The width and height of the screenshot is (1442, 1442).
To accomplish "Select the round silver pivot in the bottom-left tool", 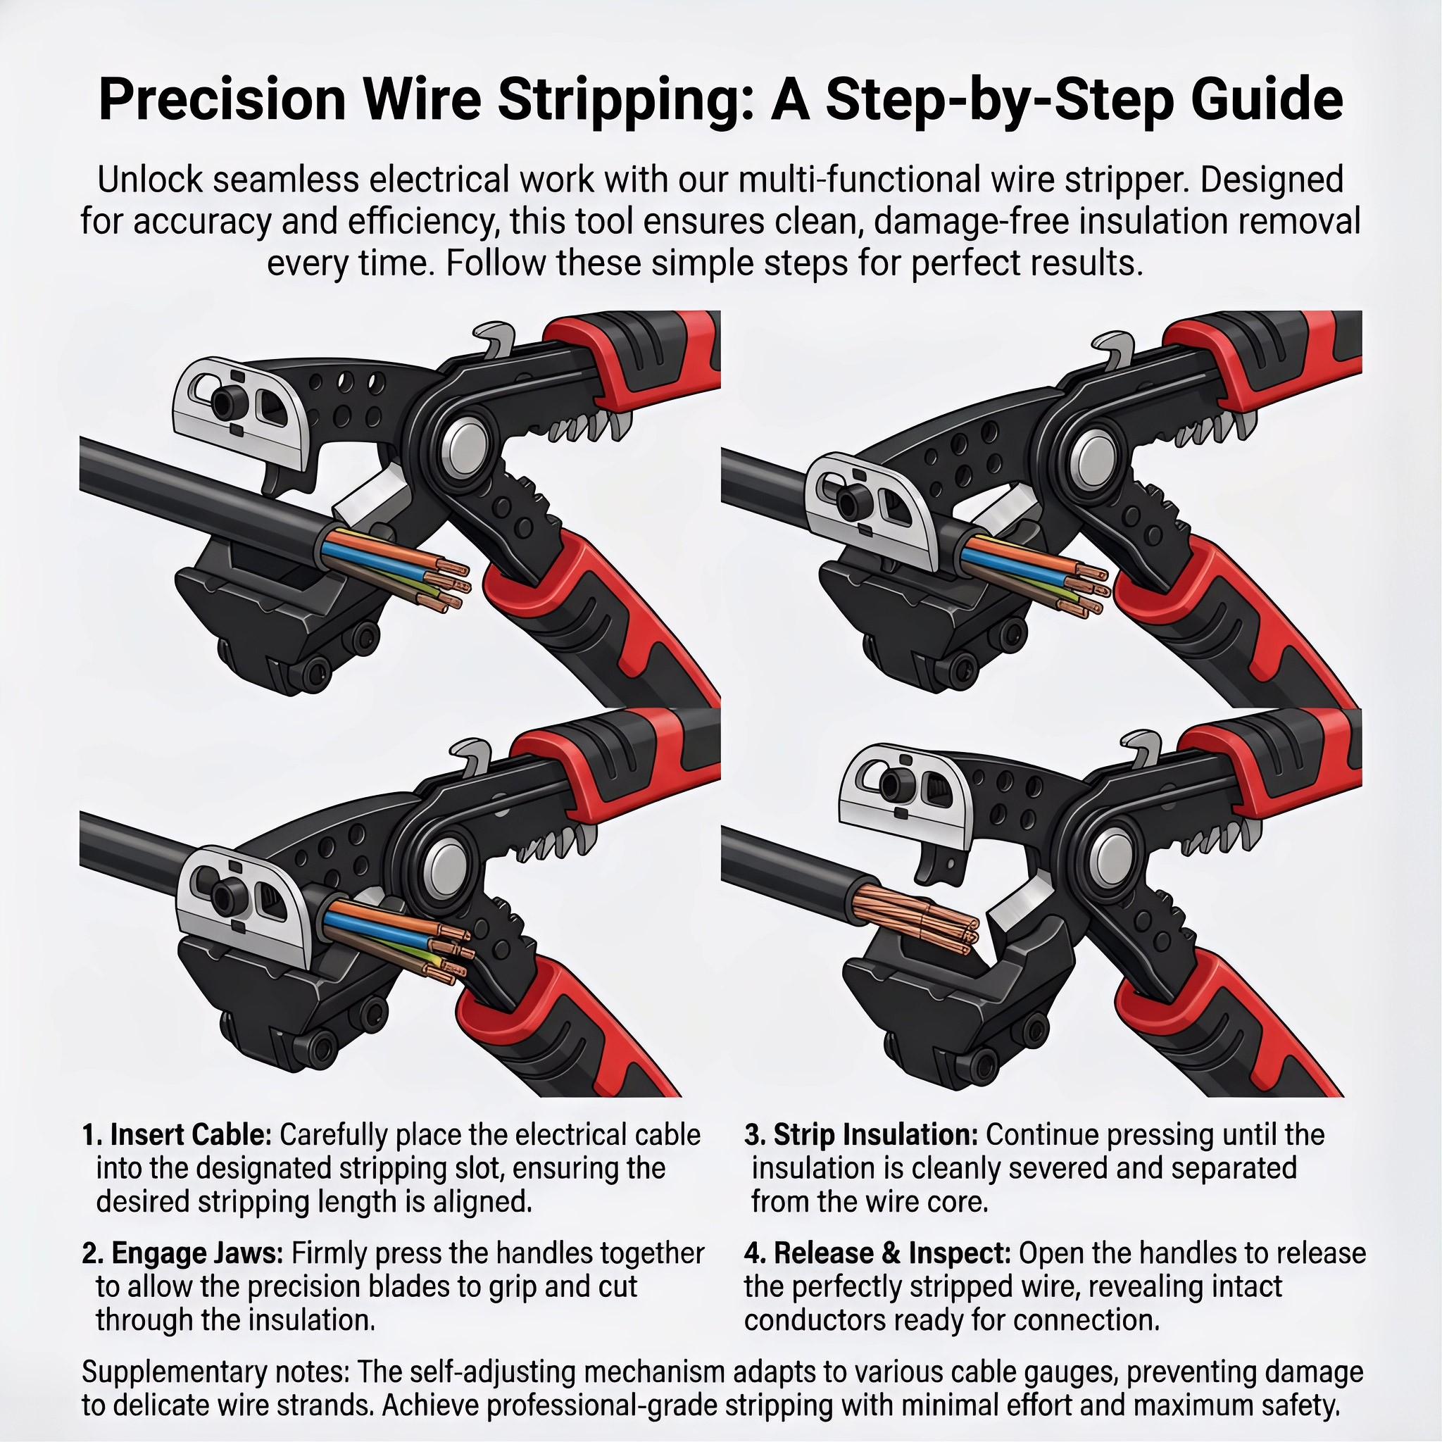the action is (x=446, y=863).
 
